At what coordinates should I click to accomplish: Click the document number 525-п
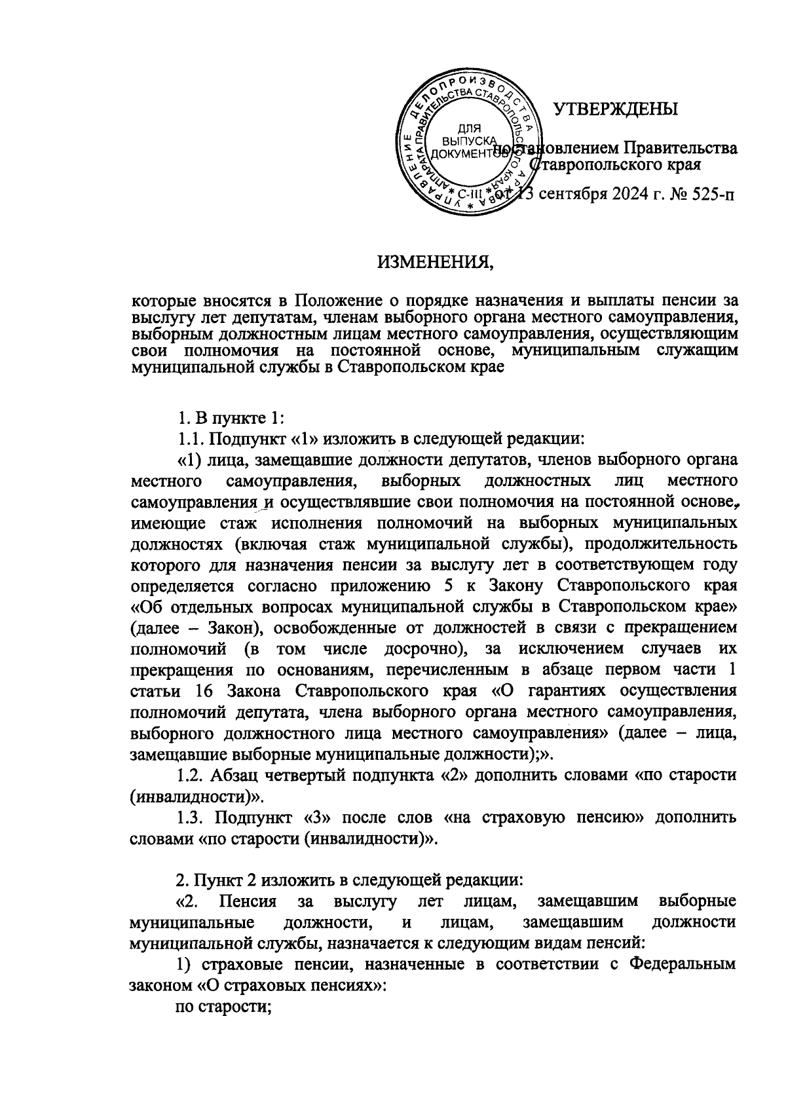[x=711, y=195]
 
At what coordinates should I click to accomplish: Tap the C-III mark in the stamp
[x=469, y=194]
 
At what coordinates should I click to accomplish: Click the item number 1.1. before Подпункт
[x=191, y=438]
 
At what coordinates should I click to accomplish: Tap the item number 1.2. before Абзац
[x=192, y=776]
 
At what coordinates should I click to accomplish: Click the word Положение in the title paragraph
[x=328, y=301]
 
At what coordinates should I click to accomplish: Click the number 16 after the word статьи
[x=205, y=692]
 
